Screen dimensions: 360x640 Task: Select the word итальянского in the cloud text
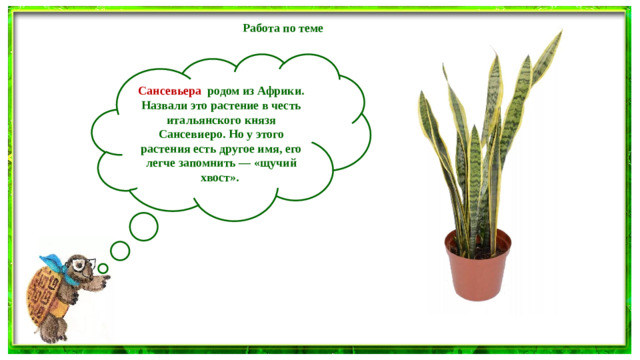[x=209, y=119]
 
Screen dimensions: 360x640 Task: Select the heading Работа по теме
[x=283, y=28]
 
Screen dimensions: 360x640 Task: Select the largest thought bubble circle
[x=144, y=227]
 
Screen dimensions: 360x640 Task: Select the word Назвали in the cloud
[x=161, y=105]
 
